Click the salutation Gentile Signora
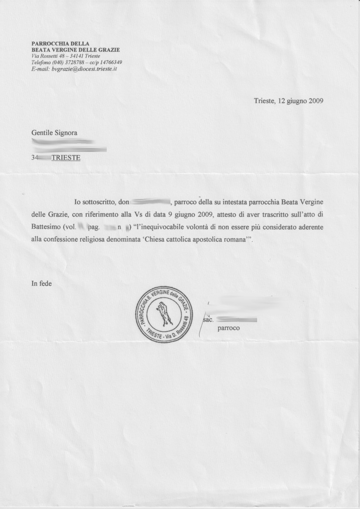pos(54,132)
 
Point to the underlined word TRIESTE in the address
pos(66,158)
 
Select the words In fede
pos(42,283)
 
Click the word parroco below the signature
pos(229,328)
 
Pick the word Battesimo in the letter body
pos(46,227)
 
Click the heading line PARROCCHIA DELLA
pos(60,44)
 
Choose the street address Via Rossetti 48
pos(49,56)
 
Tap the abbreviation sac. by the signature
pos(208,320)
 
